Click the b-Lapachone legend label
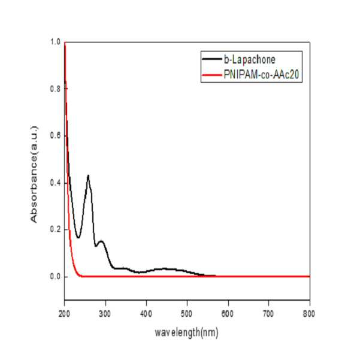point(250,60)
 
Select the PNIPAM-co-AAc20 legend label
point(262,74)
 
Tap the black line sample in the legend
point(212,59)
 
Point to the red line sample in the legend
point(212,75)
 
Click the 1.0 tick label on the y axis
point(55,42)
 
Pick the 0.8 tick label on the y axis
point(55,89)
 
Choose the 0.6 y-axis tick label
point(55,136)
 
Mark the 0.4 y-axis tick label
point(55,183)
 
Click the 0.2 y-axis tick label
point(55,229)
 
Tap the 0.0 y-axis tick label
point(55,277)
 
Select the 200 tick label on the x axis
point(64,314)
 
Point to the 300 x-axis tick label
point(105,314)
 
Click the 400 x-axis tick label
point(146,314)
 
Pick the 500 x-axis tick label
point(187,314)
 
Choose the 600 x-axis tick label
point(227,314)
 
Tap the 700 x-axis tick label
point(268,314)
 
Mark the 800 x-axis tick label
point(309,314)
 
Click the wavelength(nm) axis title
point(186,332)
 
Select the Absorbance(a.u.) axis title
point(34,174)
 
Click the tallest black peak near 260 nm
point(88,176)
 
